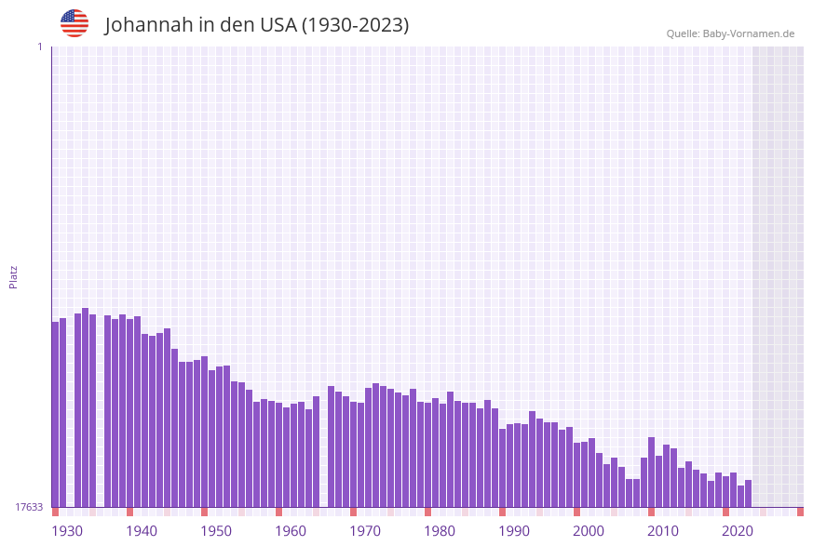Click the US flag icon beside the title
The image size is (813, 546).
tap(75, 23)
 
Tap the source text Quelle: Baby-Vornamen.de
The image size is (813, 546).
tap(730, 33)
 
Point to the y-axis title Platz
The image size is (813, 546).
tap(14, 276)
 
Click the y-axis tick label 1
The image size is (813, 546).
tap(39, 47)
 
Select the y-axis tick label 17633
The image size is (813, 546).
tap(29, 507)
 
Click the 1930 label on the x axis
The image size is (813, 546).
tap(67, 531)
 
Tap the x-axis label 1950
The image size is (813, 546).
tap(216, 531)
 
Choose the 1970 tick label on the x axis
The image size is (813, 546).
tap(365, 531)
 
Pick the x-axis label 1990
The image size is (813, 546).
tap(514, 531)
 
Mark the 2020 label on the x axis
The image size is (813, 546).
tap(738, 531)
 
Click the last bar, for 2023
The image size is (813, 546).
tap(748, 493)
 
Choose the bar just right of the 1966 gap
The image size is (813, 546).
tap(331, 446)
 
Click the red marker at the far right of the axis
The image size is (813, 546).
tap(800, 512)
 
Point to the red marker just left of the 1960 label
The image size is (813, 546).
tap(278, 512)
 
